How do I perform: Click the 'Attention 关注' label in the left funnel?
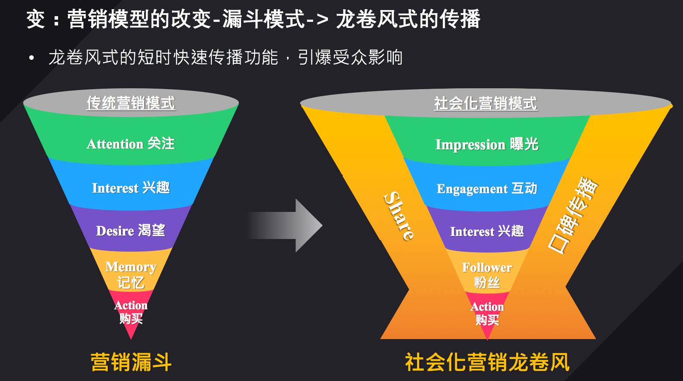131,144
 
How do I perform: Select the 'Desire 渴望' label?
131,231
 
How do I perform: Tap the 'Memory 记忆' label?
131,274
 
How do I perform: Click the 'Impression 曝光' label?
487,145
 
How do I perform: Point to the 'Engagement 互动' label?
487,189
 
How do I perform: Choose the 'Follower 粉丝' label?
487,274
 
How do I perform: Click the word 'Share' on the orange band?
399,216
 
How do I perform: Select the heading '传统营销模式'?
131,104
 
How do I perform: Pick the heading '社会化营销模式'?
486,104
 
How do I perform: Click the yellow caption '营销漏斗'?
131,362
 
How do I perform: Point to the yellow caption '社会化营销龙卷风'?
487,362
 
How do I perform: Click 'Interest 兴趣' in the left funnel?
131,188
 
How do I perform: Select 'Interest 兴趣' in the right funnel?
487,231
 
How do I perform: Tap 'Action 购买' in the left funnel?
131,312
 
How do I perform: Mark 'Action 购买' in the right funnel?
487,313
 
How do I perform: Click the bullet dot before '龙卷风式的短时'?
31,58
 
